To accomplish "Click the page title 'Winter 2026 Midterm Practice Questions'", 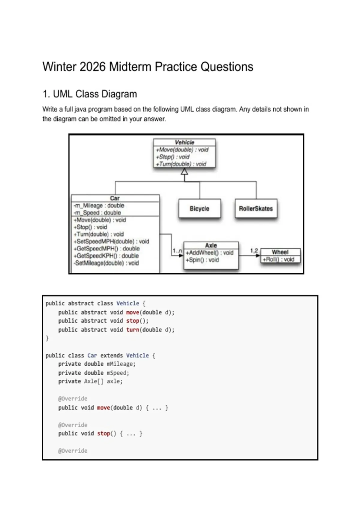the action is [148, 67].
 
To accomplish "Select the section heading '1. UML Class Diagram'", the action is [90, 94].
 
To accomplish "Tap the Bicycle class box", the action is [199, 208].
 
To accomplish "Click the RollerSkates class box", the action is [256, 208].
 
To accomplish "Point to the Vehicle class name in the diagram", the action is [184, 142].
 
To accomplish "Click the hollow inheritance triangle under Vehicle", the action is [184, 171].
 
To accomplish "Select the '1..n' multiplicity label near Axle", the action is [177, 251].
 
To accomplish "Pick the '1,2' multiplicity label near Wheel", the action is [254, 251].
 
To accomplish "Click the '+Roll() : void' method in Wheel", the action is [278, 259].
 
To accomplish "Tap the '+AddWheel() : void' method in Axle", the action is [209, 253].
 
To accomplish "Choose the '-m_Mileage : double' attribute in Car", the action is [99, 205].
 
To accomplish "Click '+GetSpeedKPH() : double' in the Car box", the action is [106, 256].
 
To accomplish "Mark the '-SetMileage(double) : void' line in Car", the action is [106, 263].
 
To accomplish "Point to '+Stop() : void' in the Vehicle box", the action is [172, 157].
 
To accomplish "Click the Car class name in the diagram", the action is [115, 198].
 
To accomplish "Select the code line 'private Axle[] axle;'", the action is [90, 381].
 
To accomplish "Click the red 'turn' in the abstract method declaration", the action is [133, 330].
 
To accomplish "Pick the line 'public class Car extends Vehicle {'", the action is [100, 355].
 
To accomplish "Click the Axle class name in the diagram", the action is [211, 245].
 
